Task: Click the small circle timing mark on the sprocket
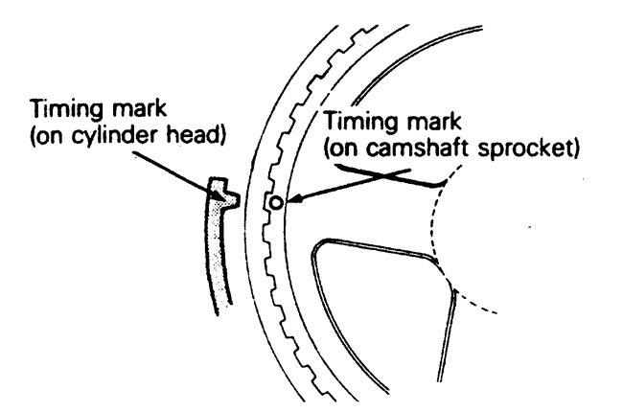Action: (x=275, y=203)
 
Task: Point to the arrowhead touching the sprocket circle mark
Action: (x=288, y=202)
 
